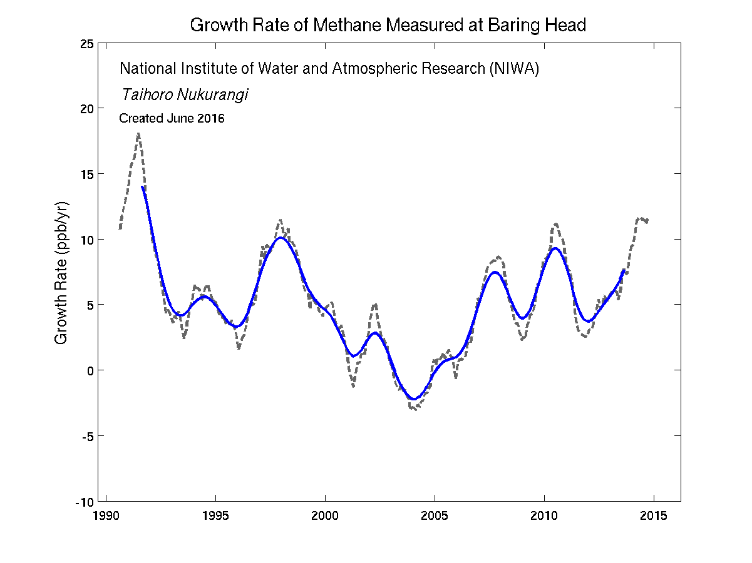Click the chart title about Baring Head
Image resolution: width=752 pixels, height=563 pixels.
pos(388,26)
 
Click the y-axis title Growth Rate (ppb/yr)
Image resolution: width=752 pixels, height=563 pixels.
pos(61,272)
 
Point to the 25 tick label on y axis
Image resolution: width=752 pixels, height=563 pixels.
pos(87,43)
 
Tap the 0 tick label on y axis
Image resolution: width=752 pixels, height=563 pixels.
pos(91,370)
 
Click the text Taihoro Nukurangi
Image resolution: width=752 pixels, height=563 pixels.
pos(185,94)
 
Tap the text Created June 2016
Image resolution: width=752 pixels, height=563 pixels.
pos(172,118)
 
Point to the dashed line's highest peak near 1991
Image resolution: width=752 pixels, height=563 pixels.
pos(138,133)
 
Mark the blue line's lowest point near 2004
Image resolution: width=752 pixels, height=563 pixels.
pos(414,399)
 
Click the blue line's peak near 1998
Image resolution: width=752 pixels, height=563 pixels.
pos(281,238)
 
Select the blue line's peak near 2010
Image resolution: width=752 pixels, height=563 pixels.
pos(555,248)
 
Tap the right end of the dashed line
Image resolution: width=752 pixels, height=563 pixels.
pos(647,220)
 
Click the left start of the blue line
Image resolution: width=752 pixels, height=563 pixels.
pos(143,186)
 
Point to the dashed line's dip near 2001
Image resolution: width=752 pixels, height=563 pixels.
pos(353,386)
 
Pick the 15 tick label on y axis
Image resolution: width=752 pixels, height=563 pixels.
pos(87,174)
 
